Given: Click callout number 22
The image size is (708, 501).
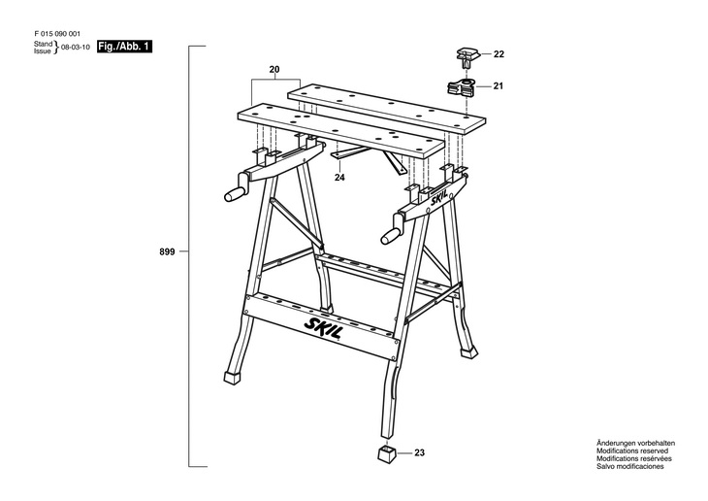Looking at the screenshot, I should click(499, 54).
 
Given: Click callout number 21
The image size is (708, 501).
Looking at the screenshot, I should click(499, 87).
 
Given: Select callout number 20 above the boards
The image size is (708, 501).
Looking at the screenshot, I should click(274, 70).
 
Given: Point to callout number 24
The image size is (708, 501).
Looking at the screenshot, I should click(339, 178).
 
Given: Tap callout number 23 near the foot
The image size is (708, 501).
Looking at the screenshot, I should click(419, 452).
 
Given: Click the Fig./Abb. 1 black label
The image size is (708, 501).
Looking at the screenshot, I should click(125, 46).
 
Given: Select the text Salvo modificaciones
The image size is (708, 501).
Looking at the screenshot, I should click(629, 467).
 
